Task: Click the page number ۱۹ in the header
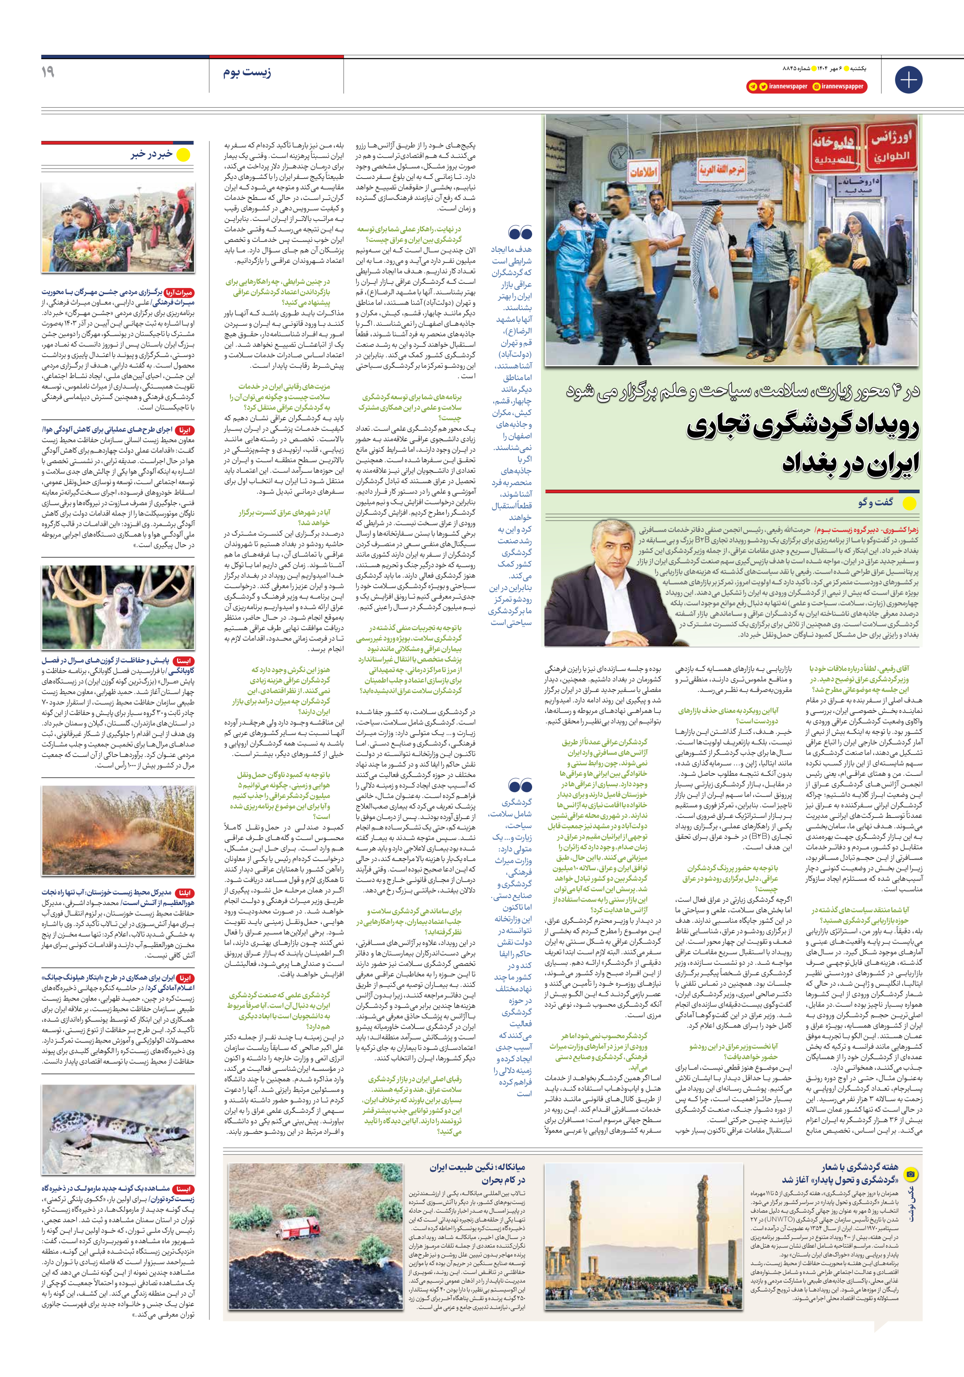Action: pyautogui.click(x=48, y=72)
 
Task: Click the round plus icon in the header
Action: pyautogui.click(x=908, y=80)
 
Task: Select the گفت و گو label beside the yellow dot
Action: pyautogui.click(x=875, y=502)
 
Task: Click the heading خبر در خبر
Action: pyautogui.click(x=152, y=155)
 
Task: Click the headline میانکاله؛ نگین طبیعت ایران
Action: pyautogui.click(x=477, y=1167)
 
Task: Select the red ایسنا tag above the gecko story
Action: pyautogui.click(x=183, y=1188)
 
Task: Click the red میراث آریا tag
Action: pyautogui.click(x=179, y=293)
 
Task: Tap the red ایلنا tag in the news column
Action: pyautogui.click(x=185, y=892)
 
